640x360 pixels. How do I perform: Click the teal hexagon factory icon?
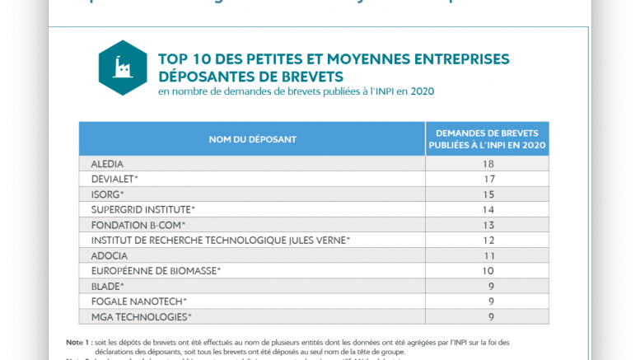[x=124, y=68]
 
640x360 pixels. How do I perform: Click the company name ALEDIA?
[x=109, y=164]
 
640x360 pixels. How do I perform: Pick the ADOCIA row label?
[x=110, y=255]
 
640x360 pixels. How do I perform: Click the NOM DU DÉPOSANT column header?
[x=253, y=139]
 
